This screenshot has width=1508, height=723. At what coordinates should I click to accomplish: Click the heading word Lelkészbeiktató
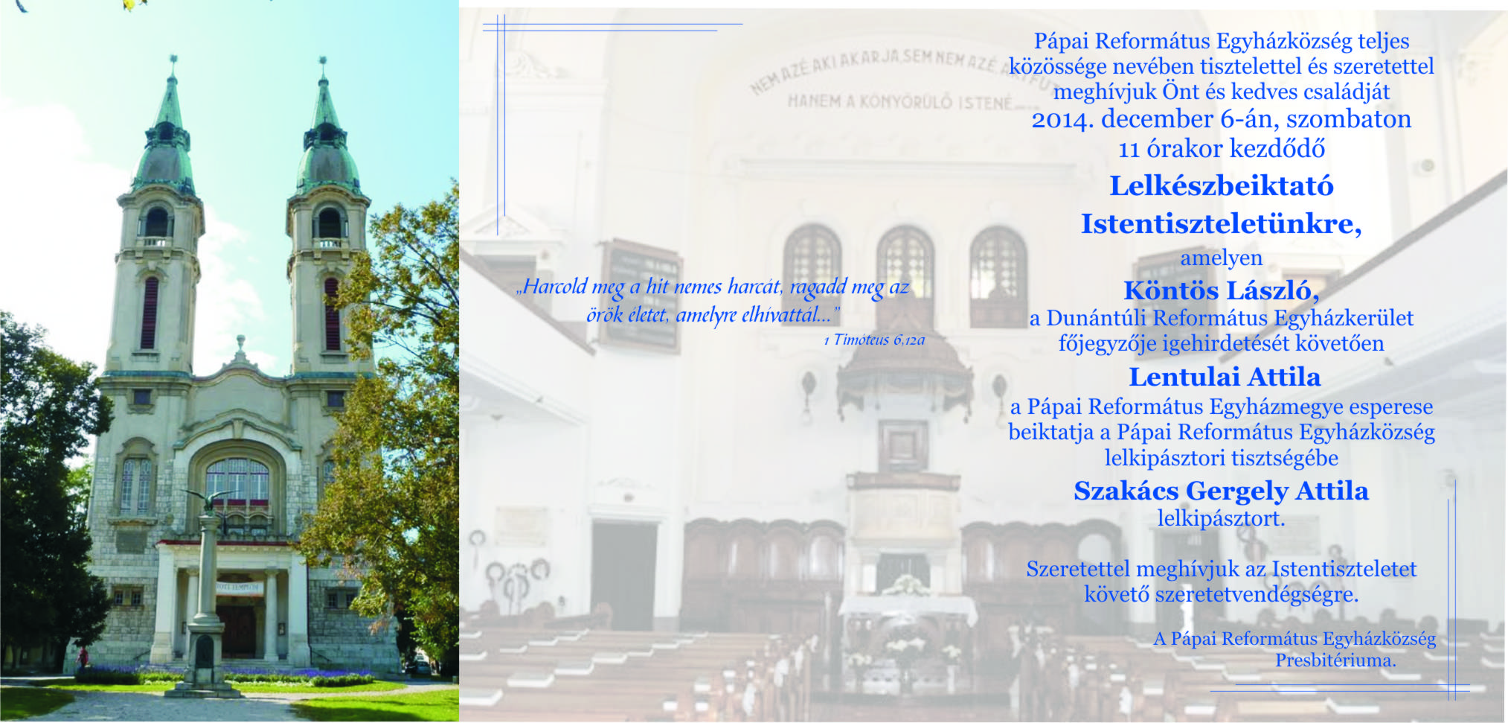1221,186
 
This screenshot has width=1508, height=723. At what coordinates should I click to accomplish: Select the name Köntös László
1221,290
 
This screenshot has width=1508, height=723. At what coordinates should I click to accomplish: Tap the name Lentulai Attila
1225,377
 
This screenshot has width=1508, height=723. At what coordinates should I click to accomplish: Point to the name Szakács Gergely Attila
1221,491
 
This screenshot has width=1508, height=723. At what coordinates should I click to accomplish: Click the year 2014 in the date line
1062,120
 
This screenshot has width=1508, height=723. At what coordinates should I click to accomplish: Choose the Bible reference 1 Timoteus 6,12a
874,340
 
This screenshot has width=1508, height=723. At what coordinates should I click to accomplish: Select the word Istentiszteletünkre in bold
1221,224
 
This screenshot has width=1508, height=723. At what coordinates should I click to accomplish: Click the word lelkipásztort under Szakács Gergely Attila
1221,518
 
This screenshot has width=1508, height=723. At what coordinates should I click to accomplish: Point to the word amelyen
1221,258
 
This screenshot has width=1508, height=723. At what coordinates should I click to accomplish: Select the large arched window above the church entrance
237,484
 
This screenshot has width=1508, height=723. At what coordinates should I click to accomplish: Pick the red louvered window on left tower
150,313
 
